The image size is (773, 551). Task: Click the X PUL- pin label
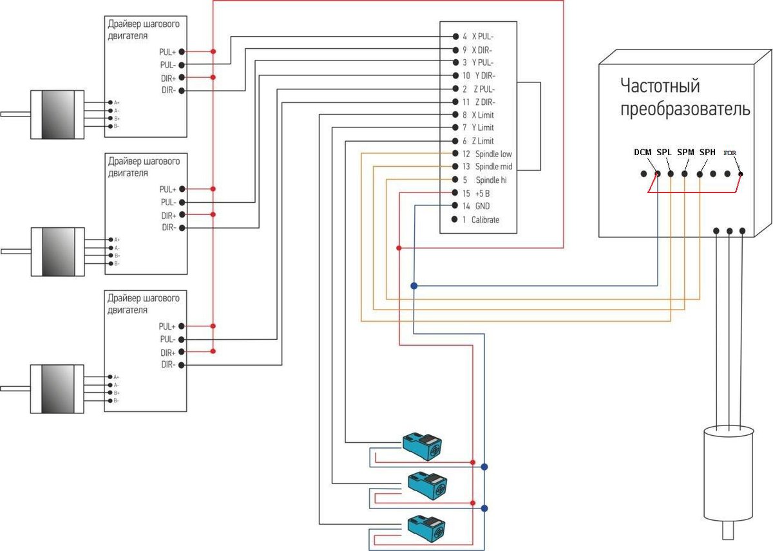[482, 37]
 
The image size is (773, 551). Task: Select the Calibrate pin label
[485, 219]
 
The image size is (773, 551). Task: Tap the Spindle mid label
[493, 167]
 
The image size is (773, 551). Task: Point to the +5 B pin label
[482, 194]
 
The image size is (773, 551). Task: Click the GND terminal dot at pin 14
[455, 205]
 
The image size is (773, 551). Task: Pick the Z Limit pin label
[482, 141]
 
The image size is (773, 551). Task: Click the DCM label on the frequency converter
[643, 152]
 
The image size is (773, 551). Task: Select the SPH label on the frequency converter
[707, 152]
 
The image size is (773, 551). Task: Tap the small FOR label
[729, 153]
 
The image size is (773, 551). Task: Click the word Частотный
[660, 86]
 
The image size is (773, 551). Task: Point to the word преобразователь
[685, 109]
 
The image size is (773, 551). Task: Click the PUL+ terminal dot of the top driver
[182, 51]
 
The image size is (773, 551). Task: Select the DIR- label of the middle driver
[169, 228]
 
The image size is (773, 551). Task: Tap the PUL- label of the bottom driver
[167, 339]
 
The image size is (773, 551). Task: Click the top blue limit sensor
[423, 446]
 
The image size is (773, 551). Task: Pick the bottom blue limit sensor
[426, 528]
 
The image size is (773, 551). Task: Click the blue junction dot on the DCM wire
[414, 286]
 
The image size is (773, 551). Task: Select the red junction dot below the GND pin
[399, 248]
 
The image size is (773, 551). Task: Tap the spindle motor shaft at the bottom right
[728, 530]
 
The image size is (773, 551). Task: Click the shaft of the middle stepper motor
[16, 252]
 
